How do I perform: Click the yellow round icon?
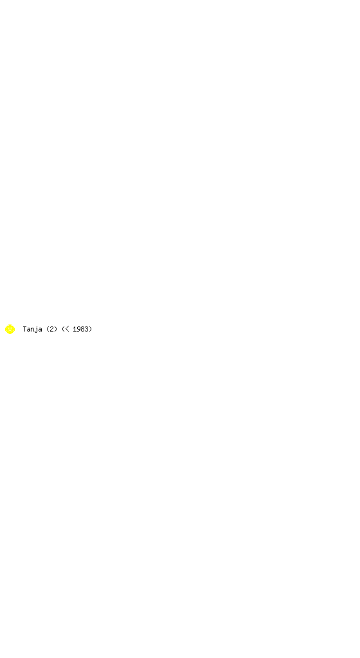click(x=10, y=330)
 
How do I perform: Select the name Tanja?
click(x=32, y=330)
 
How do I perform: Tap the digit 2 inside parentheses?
click(x=52, y=329)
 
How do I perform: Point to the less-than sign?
click(x=67, y=329)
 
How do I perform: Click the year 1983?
click(x=80, y=329)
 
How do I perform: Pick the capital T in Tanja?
click(x=25, y=329)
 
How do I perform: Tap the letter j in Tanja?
click(x=36, y=330)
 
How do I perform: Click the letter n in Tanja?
click(x=32, y=330)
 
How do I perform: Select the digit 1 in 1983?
click(x=75, y=329)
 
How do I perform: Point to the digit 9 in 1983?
click(x=78, y=329)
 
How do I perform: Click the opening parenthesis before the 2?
click(x=48, y=329)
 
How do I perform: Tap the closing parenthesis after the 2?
click(x=56, y=329)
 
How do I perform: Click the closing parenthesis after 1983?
click(x=90, y=329)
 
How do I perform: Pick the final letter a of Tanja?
click(x=40, y=330)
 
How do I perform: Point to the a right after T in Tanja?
click(x=28, y=330)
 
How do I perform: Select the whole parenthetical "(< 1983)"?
click(x=76, y=329)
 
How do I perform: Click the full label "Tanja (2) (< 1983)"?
click(x=57, y=330)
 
